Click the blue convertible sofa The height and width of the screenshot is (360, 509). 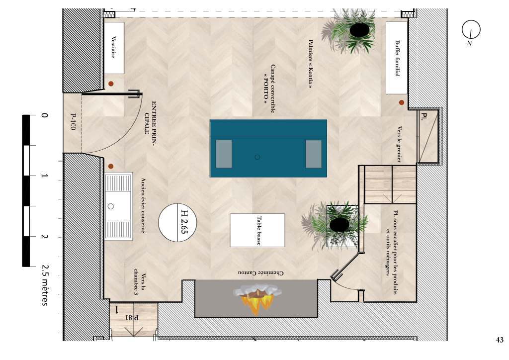coord(268,148)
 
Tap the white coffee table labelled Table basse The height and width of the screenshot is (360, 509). coord(257,230)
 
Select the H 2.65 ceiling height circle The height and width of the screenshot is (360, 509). coord(177,222)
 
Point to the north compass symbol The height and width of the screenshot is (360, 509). coord(471,30)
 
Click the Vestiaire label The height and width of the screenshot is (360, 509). coord(113,47)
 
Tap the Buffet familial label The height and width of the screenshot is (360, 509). coord(397,59)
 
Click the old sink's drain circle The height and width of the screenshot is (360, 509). coord(111,206)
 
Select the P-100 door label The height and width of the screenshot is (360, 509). coord(73,121)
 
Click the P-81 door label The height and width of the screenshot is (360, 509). coord(132,317)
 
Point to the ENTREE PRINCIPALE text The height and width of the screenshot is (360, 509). coord(151,122)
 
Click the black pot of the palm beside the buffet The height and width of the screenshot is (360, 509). coord(359,30)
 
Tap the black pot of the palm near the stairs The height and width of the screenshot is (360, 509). coord(339,224)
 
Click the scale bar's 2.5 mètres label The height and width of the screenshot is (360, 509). coord(45,285)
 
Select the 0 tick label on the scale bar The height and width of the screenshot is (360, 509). coord(44,115)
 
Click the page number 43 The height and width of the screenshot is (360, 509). coord(500,340)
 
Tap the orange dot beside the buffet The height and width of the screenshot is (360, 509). coord(402,102)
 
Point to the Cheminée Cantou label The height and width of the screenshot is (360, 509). coord(260,273)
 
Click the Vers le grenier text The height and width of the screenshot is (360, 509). coord(399,144)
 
